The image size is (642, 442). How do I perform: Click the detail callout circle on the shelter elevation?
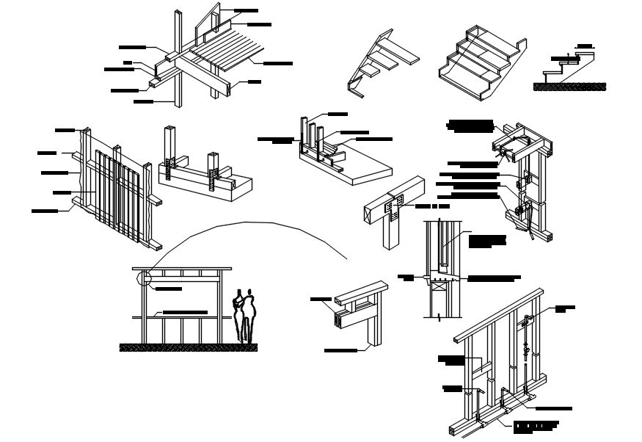145,278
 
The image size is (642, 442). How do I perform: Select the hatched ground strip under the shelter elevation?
188,347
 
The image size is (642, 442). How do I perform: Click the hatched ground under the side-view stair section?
569,87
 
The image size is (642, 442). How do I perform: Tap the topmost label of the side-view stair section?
585,46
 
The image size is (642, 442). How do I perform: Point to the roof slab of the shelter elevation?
182,269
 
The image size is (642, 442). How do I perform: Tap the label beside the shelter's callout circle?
168,289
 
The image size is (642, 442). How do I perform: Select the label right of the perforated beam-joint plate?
431,206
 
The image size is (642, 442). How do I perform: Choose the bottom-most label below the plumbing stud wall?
536,426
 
